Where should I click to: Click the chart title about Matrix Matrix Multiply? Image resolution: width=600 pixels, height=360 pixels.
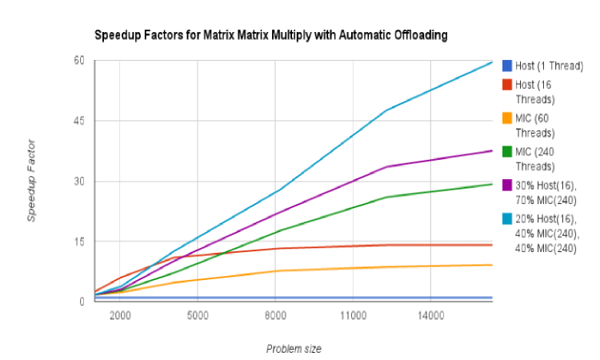click(x=270, y=35)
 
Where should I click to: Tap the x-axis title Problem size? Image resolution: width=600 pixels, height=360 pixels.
click(x=294, y=348)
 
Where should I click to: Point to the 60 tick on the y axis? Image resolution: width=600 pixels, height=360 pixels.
click(x=79, y=61)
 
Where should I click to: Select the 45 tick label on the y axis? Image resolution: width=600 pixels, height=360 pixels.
click(x=79, y=121)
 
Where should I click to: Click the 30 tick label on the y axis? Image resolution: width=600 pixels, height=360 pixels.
click(x=79, y=181)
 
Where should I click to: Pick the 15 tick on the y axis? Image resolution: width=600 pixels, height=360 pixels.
click(x=79, y=242)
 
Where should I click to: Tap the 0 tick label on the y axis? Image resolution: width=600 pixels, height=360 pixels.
click(x=82, y=302)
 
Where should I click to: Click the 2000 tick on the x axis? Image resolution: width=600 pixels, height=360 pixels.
click(x=120, y=316)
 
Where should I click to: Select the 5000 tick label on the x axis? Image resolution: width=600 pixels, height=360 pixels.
click(x=198, y=316)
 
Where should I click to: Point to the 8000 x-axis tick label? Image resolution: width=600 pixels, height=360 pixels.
click(x=275, y=316)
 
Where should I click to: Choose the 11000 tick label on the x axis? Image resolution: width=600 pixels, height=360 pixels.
click(x=353, y=316)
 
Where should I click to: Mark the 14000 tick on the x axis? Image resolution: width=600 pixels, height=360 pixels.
click(x=430, y=316)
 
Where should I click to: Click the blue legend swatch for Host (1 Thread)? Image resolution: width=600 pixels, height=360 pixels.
click(x=506, y=66)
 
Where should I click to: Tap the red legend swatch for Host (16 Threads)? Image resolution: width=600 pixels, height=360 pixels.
click(x=506, y=85)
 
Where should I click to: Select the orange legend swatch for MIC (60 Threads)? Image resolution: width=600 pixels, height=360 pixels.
click(x=506, y=118)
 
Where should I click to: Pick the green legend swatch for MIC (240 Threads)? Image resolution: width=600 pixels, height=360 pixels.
click(x=506, y=152)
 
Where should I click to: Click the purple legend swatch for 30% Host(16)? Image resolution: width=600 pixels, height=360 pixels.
click(x=506, y=186)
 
